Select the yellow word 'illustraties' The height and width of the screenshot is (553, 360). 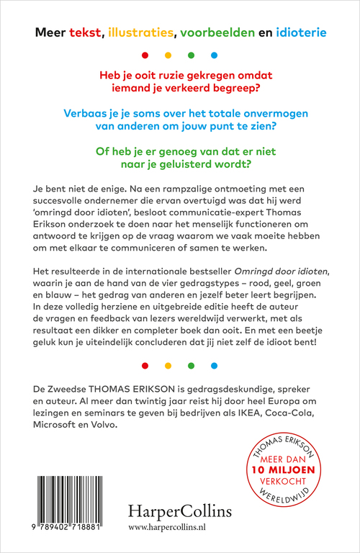coord(138,32)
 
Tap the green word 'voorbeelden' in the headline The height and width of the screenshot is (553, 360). coord(215,32)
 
